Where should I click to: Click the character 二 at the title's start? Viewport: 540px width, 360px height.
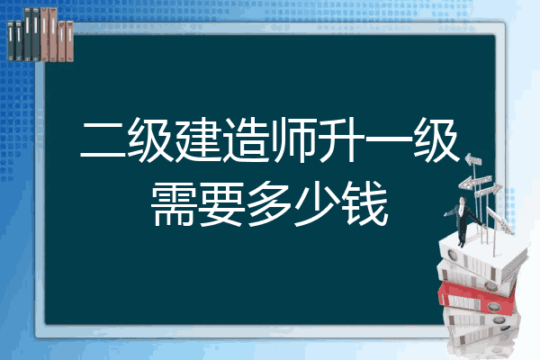click(x=103, y=139)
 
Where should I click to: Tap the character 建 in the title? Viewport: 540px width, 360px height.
click(x=198, y=139)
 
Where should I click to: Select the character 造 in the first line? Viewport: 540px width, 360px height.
click(x=246, y=139)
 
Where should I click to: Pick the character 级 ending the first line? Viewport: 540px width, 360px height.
click(x=436, y=139)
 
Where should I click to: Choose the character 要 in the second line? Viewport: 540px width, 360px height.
click(x=221, y=204)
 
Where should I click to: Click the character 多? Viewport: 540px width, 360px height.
click(x=269, y=204)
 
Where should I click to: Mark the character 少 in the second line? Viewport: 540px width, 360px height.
click(x=317, y=204)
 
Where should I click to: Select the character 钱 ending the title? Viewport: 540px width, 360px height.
click(x=365, y=204)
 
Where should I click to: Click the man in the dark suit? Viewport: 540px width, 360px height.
click(x=463, y=221)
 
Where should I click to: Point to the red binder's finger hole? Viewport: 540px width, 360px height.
click(x=493, y=307)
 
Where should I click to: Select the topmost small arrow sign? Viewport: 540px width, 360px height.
click(x=473, y=160)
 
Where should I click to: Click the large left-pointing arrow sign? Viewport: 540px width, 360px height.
click(x=475, y=182)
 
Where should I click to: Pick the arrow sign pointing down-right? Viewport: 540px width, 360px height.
click(x=499, y=220)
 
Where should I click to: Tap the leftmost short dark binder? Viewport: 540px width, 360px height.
click(x=11, y=40)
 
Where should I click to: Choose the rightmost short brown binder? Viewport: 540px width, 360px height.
click(x=69, y=41)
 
